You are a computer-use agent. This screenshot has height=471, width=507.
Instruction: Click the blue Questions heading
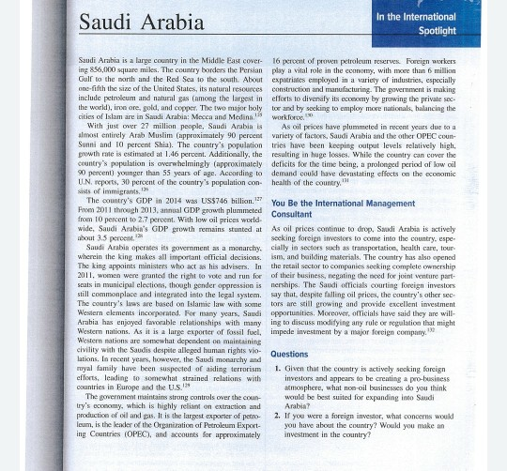(289, 355)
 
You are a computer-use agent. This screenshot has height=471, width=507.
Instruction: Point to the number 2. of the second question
(277, 415)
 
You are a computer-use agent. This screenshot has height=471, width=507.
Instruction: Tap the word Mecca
(204, 114)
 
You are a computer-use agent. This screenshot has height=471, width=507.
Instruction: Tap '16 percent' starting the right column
(291, 59)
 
